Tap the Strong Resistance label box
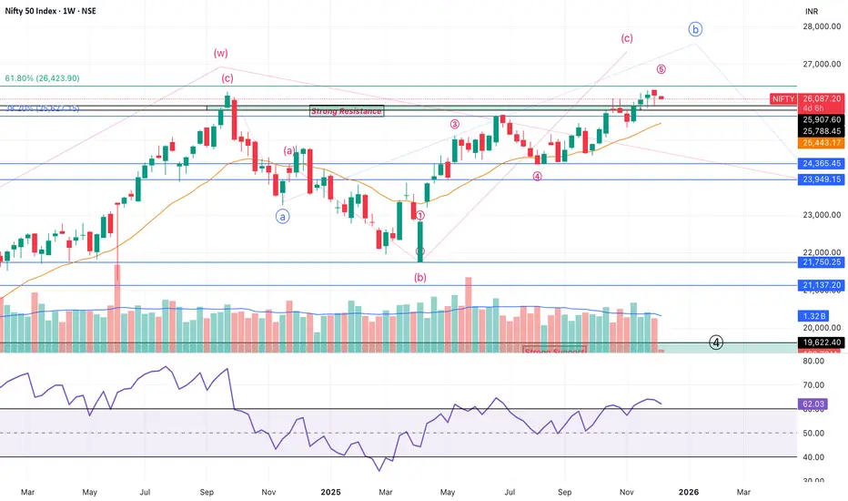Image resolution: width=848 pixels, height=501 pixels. [346, 111]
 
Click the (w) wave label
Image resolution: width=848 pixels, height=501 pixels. [220, 54]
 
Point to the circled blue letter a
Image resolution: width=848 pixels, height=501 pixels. [282, 216]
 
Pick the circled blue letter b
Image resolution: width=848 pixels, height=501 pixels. [696, 30]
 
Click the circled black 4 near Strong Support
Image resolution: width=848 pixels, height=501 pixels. [717, 343]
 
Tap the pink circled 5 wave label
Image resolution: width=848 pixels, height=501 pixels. [661, 69]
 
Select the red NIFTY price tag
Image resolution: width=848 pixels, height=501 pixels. [782, 98]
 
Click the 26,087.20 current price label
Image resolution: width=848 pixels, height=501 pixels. [821, 97]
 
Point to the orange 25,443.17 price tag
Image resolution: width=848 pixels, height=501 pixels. [821, 143]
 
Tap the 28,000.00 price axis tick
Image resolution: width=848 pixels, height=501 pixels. [822, 26]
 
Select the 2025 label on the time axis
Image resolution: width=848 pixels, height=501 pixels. [329, 492]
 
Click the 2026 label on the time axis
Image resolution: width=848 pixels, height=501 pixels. [688, 492]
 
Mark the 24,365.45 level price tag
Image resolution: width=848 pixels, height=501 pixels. [821, 164]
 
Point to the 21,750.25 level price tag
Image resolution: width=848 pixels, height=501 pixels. [821, 262]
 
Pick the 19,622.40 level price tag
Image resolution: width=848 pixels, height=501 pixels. [821, 343]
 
